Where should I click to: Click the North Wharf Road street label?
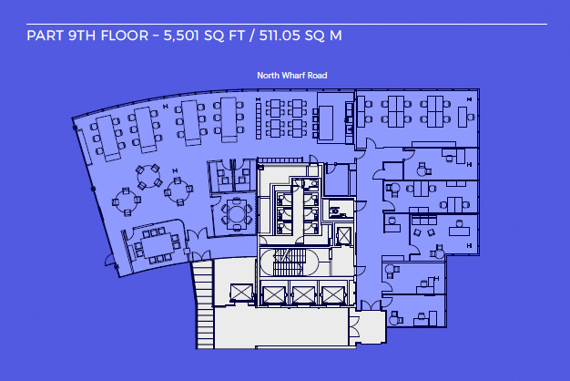(292, 76)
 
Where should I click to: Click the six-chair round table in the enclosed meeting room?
(238, 214)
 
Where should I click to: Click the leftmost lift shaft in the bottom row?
(242, 293)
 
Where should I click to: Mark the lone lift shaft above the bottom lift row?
(345, 235)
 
